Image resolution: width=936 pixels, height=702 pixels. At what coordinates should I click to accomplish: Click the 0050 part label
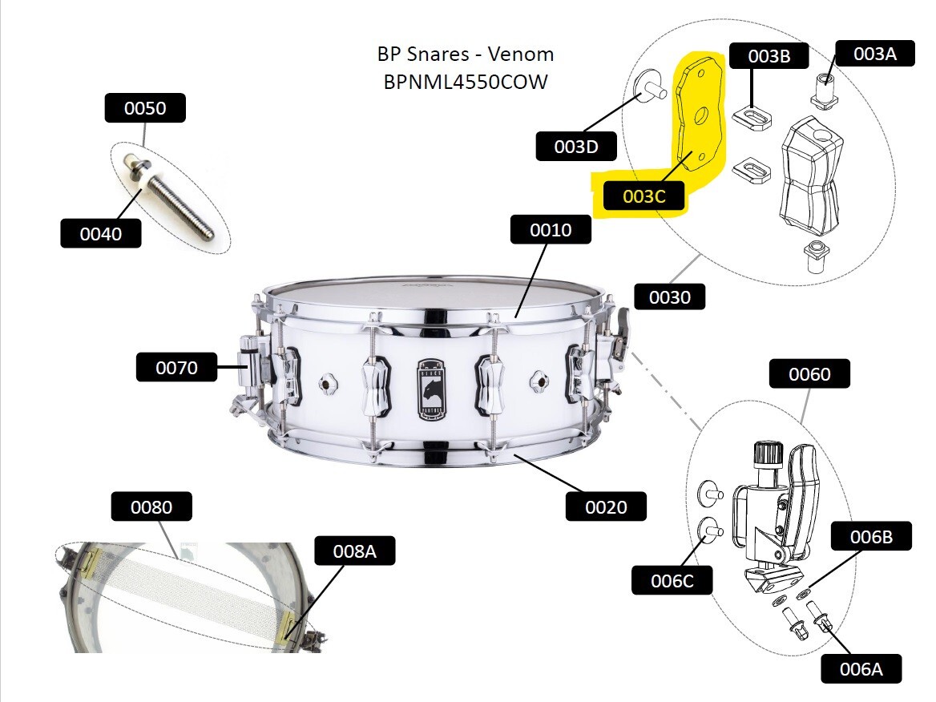pyautogui.click(x=145, y=108)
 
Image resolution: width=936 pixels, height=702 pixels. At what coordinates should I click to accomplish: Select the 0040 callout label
pyautogui.click(x=101, y=233)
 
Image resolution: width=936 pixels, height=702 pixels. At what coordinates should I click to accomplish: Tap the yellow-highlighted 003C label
pyautogui.click(x=643, y=196)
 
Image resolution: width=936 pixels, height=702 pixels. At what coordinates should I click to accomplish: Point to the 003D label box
pyautogui.click(x=576, y=146)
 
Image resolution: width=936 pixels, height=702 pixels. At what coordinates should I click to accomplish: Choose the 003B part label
pyautogui.click(x=769, y=56)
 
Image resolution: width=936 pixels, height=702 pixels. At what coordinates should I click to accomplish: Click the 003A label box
pyautogui.click(x=875, y=54)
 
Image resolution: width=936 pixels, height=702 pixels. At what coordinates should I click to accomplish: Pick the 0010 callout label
pyautogui.click(x=551, y=229)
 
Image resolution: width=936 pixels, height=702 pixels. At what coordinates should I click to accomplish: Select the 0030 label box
pyautogui.click(x=670, y=297)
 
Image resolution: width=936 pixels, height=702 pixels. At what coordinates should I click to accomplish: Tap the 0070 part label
pyautogui.click(x=176, y=367)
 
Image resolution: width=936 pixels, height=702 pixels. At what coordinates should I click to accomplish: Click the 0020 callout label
pyautogui.click(x=606, y=506)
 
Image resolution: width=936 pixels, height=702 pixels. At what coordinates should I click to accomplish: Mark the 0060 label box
pyautogui.click(x=809, y=373)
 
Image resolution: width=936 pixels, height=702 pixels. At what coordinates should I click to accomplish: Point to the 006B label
pyautogui.click(x=872, y=537)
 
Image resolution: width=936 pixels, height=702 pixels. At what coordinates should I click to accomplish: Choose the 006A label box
pyautogui.click(x=861, y=668)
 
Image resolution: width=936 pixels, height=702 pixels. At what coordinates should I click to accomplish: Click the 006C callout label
pyautogui.click(x=672, y=580)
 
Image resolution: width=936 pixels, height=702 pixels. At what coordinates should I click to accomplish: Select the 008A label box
pyautogui.click(x=355, y=551)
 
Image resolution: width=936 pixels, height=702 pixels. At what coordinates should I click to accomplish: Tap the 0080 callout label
pyautogui.click(x=151, y=506)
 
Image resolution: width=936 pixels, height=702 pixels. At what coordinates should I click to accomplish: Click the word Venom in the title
pyautogui.click(x=521, y=54)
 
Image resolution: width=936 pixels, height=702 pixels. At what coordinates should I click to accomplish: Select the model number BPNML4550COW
pyautogui.click(x=466, y=81)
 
